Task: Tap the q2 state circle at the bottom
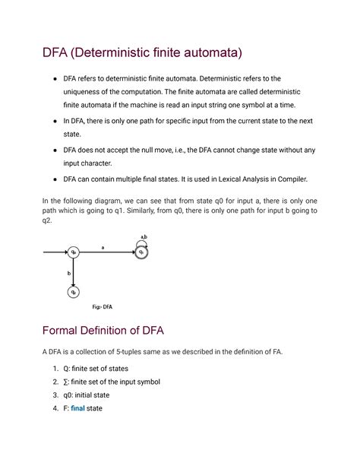pyautogui.click(x=74, y=292)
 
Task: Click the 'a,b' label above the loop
pyautogui.click(x=141, y=237)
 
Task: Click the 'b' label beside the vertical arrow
pyautogui.click(x=68, y=271)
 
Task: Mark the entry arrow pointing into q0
pyautogui.click(x=55, y=252)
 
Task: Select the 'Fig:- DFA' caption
pyautogui.click(x=103, y=307)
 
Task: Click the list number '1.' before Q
pyautogui.click(x=55, y=368)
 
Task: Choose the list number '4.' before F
pyautogui.click(x=55, y=408)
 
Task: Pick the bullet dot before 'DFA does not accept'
pyautogui.click(x=55, y=150)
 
